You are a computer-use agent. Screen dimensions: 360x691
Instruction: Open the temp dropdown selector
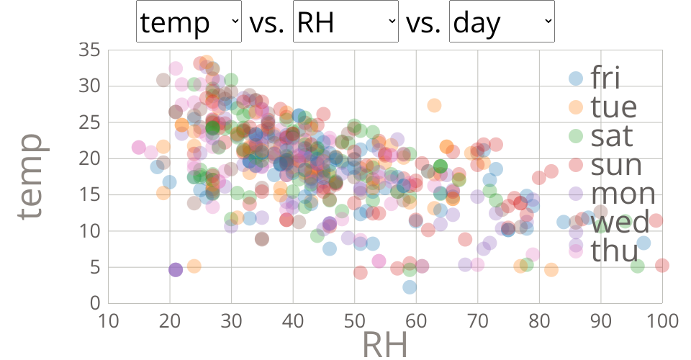189,23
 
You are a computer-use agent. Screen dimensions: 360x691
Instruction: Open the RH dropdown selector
345,23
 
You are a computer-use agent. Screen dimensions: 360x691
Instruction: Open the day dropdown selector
502,23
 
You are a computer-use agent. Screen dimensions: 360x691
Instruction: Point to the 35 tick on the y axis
89,50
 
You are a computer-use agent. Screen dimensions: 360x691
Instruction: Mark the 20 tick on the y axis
89,158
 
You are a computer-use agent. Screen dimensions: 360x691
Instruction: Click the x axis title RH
384,345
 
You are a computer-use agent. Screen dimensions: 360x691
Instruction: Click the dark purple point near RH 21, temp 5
176,269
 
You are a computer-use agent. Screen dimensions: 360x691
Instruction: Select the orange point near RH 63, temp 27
434,105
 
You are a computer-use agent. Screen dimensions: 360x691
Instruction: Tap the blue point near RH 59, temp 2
410,287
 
